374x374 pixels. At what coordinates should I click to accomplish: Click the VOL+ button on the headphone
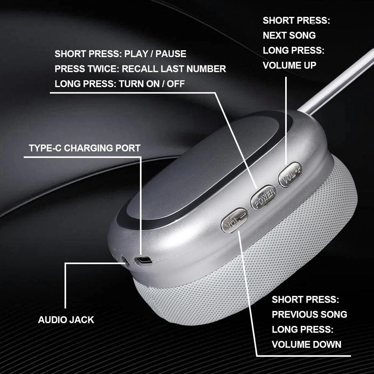(290, 175)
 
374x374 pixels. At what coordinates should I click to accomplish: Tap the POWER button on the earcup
(264, 198)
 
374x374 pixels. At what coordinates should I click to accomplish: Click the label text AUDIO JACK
(66, 320)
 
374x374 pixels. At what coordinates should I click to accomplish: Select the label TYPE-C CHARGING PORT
(85, 148)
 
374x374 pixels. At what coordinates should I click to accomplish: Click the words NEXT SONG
(289, 35)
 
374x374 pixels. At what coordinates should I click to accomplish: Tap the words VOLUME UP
(290, 65)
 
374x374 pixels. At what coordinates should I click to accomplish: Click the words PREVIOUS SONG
(309, 314)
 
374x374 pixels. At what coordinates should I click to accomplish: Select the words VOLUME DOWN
(307, 344)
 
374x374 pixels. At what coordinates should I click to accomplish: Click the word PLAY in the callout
(136, 54)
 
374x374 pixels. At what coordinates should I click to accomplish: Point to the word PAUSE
(171, 54)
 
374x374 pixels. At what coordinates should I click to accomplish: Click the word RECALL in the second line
(140, 69)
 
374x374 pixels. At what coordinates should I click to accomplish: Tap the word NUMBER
(206, 69)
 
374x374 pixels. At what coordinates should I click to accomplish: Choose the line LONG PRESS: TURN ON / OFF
(120, 84)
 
